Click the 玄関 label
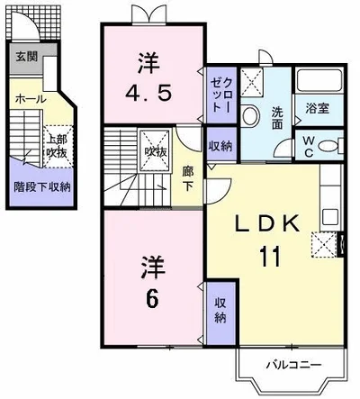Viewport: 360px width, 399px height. (x=25, y=56)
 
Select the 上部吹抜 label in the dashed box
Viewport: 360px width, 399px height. (x=57, y=144)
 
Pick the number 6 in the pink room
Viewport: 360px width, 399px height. (x=150, y=296)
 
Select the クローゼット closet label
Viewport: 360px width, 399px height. (x=220, y=93)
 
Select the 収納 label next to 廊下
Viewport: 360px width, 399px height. (x=218, y=147)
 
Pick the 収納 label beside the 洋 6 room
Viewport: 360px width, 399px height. (x=220, y=310)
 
